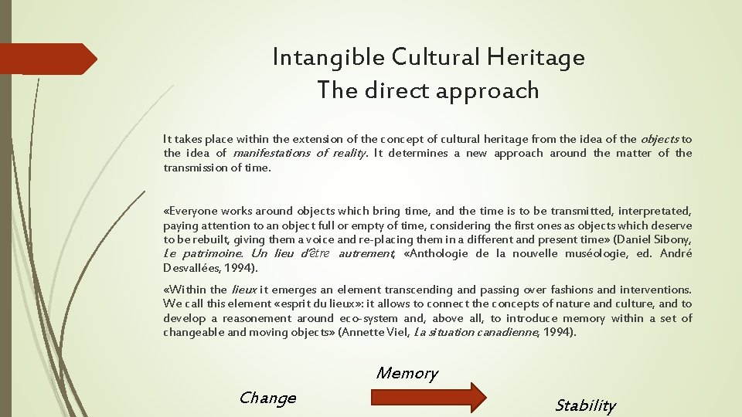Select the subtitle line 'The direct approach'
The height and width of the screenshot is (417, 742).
tap(427, 90)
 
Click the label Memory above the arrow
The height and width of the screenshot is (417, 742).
tap(407, 373)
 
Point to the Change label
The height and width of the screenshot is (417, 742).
tap(267, 398)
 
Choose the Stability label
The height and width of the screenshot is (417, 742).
tap(585, 405)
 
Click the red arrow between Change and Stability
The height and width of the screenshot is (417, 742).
tap(427, 397)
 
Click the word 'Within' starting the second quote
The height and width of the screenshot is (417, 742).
tap(189, 290)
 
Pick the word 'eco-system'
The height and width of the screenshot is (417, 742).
tap(369, 318)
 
